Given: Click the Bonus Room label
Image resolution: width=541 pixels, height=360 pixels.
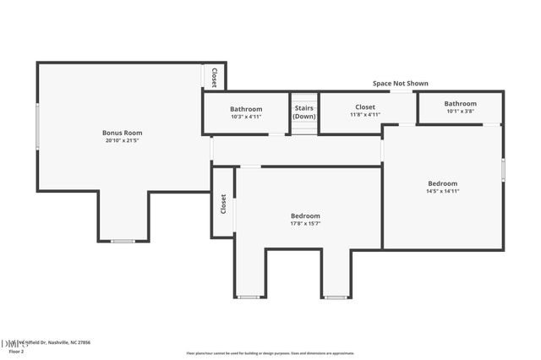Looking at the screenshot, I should [x=123, y=133].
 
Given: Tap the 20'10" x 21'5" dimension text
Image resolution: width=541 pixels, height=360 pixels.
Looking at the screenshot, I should [x=123, y=141].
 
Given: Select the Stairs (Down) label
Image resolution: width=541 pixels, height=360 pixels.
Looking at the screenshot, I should [x=304, y=112].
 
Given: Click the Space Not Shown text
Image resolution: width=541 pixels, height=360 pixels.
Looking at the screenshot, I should [x=401, y=84].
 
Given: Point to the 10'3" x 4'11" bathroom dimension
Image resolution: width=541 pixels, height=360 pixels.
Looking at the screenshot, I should [x=246, y=117].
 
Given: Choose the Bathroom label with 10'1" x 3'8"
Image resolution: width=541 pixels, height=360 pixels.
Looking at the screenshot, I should [x=461, y=103].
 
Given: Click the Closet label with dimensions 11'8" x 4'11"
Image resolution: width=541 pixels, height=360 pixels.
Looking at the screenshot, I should [x=365, y=107].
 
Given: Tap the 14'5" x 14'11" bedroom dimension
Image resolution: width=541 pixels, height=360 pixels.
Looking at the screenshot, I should [x=442, y=191].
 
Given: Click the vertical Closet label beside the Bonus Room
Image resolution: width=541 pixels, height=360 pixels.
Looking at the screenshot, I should [x=214, y=77].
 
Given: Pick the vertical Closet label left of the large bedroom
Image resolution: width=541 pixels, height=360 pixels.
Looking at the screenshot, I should [x=223, y=204].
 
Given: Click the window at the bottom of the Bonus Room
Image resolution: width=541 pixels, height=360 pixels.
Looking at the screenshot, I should [x=123, y=242].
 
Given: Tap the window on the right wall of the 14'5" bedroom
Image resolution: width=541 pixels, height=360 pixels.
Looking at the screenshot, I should [x=503, y=169].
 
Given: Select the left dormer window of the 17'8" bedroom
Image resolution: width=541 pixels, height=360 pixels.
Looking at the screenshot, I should [x=249, y=297].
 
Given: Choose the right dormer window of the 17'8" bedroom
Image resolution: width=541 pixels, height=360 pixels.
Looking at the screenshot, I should [x=336, y=297].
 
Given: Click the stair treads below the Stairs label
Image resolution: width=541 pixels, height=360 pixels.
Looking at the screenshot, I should [x=304, y=126].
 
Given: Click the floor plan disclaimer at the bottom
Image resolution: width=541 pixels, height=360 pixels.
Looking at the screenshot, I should [x=270, y=352].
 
